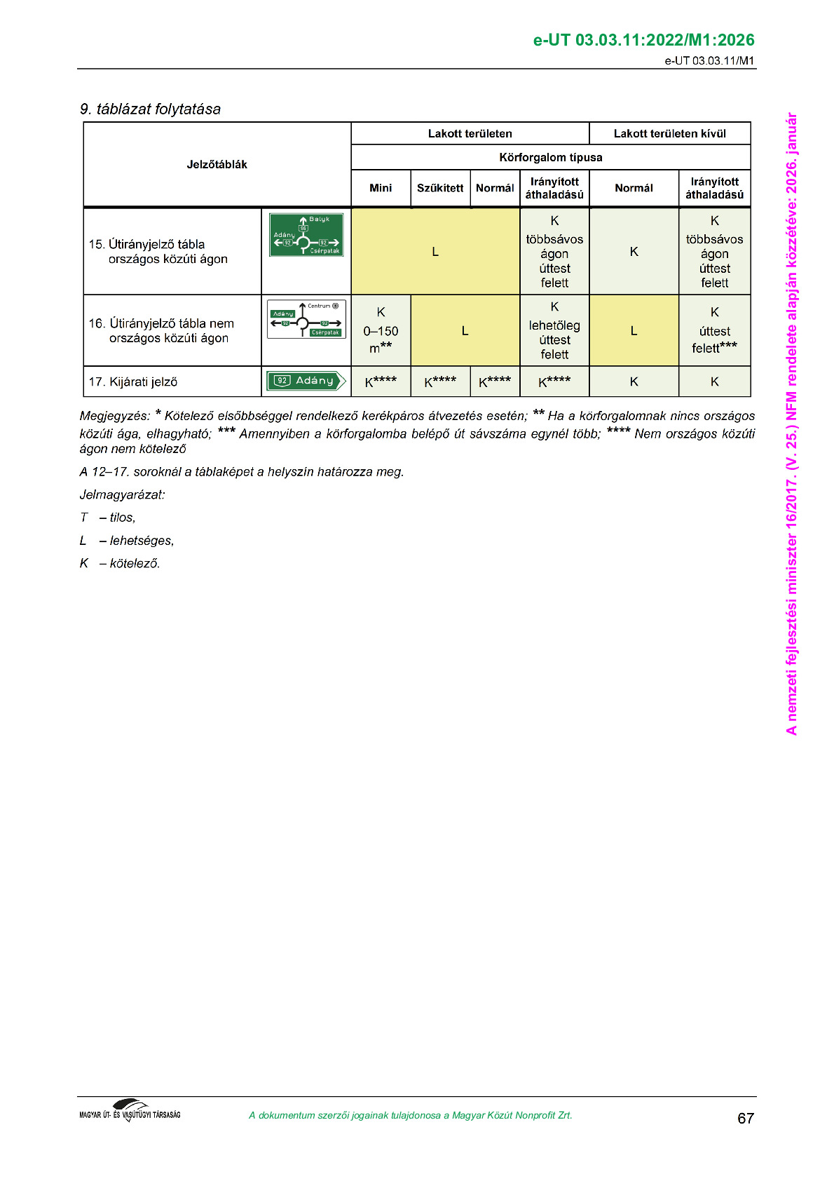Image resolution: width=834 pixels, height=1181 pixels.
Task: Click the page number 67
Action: click(745, 1118)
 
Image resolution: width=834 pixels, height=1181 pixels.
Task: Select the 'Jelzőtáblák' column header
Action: click(217, 164)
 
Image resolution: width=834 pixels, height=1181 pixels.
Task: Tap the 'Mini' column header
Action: click(381, 188)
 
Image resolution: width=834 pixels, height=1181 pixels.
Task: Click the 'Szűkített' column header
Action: click(440, 188)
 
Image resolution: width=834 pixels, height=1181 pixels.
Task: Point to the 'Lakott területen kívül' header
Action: click(669, 133)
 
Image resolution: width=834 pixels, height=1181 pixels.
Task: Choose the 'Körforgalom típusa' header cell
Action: click(550, 157)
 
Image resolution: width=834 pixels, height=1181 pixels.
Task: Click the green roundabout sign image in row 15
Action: click(306, 235)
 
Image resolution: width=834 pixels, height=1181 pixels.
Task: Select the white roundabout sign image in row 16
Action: click(306, 319)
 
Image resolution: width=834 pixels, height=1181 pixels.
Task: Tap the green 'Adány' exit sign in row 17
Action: click(306, 381)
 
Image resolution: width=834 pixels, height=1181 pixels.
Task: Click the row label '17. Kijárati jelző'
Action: click(133, 382)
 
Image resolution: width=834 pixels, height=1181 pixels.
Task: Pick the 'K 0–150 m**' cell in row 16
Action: click(381, 330)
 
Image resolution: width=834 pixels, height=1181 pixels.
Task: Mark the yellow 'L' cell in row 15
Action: click(435, 252)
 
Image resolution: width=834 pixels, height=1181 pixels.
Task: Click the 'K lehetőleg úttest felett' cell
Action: click(554, 330)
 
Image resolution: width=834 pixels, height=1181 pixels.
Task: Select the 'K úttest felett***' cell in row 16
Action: click(714, 330)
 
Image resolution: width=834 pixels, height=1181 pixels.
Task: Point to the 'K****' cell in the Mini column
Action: click(381, 382)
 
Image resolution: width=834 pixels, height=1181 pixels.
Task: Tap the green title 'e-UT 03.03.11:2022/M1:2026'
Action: click(643, 40)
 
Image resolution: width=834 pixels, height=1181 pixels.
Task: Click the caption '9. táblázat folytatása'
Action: click(150, 109)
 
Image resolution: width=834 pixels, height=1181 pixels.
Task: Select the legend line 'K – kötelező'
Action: click(120, 563)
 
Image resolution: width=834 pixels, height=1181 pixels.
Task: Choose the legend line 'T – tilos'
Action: click(108, 518)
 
